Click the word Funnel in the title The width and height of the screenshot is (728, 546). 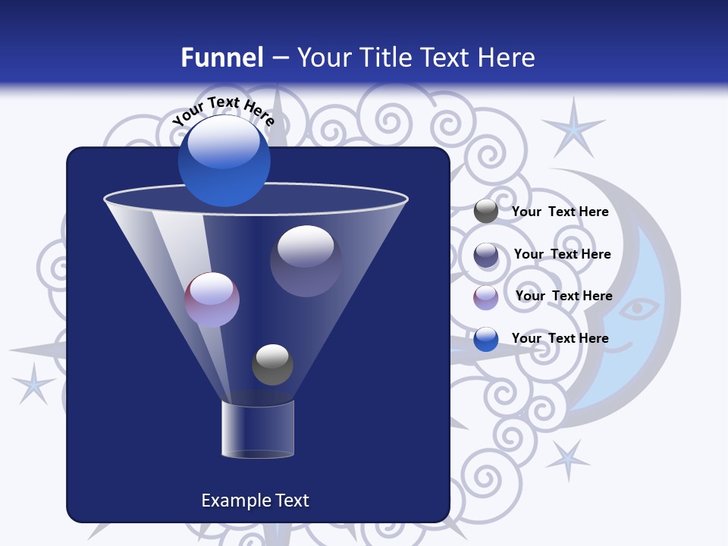[x=221, y=58]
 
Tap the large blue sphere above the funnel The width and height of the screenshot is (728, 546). [x=224, y=160]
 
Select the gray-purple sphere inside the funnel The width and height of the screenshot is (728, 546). [x=306, y=260]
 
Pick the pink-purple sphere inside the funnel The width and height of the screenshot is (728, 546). [x=212, y=300]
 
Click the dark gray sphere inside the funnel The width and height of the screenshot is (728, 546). [x=272, y=364]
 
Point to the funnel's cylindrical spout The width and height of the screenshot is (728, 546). [x=257, y=429]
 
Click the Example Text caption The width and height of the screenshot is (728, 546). [x=255, y=500]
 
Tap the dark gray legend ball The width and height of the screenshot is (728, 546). [x=486, y=212]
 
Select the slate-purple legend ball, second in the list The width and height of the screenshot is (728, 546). [x=486, y=255]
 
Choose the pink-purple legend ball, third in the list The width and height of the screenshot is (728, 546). [x=486, y=297]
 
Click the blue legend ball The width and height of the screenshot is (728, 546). [x=486, y=338]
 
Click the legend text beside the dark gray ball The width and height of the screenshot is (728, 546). [x=560, y=212]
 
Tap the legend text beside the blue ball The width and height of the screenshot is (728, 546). [x=560, y=338]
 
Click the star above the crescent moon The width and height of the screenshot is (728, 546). [x=574, y=127]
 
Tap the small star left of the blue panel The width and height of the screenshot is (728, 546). [x=33, y=382]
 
